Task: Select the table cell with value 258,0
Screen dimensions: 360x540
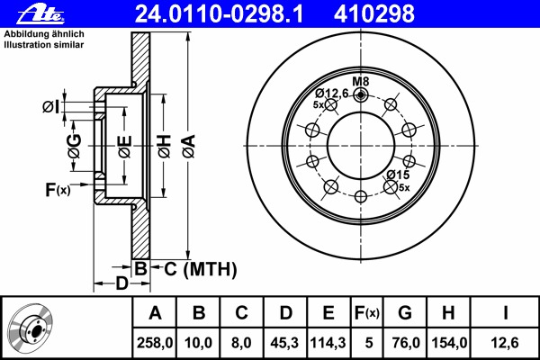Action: pos(155,343)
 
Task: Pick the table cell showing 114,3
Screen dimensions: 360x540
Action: pos(328,343)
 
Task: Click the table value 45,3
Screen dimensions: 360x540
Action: pos(284,343)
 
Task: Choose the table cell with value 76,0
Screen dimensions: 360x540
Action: pos(405,343)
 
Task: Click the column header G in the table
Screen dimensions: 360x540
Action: pos(405,313)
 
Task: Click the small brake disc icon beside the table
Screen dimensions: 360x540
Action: pos(32,328)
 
